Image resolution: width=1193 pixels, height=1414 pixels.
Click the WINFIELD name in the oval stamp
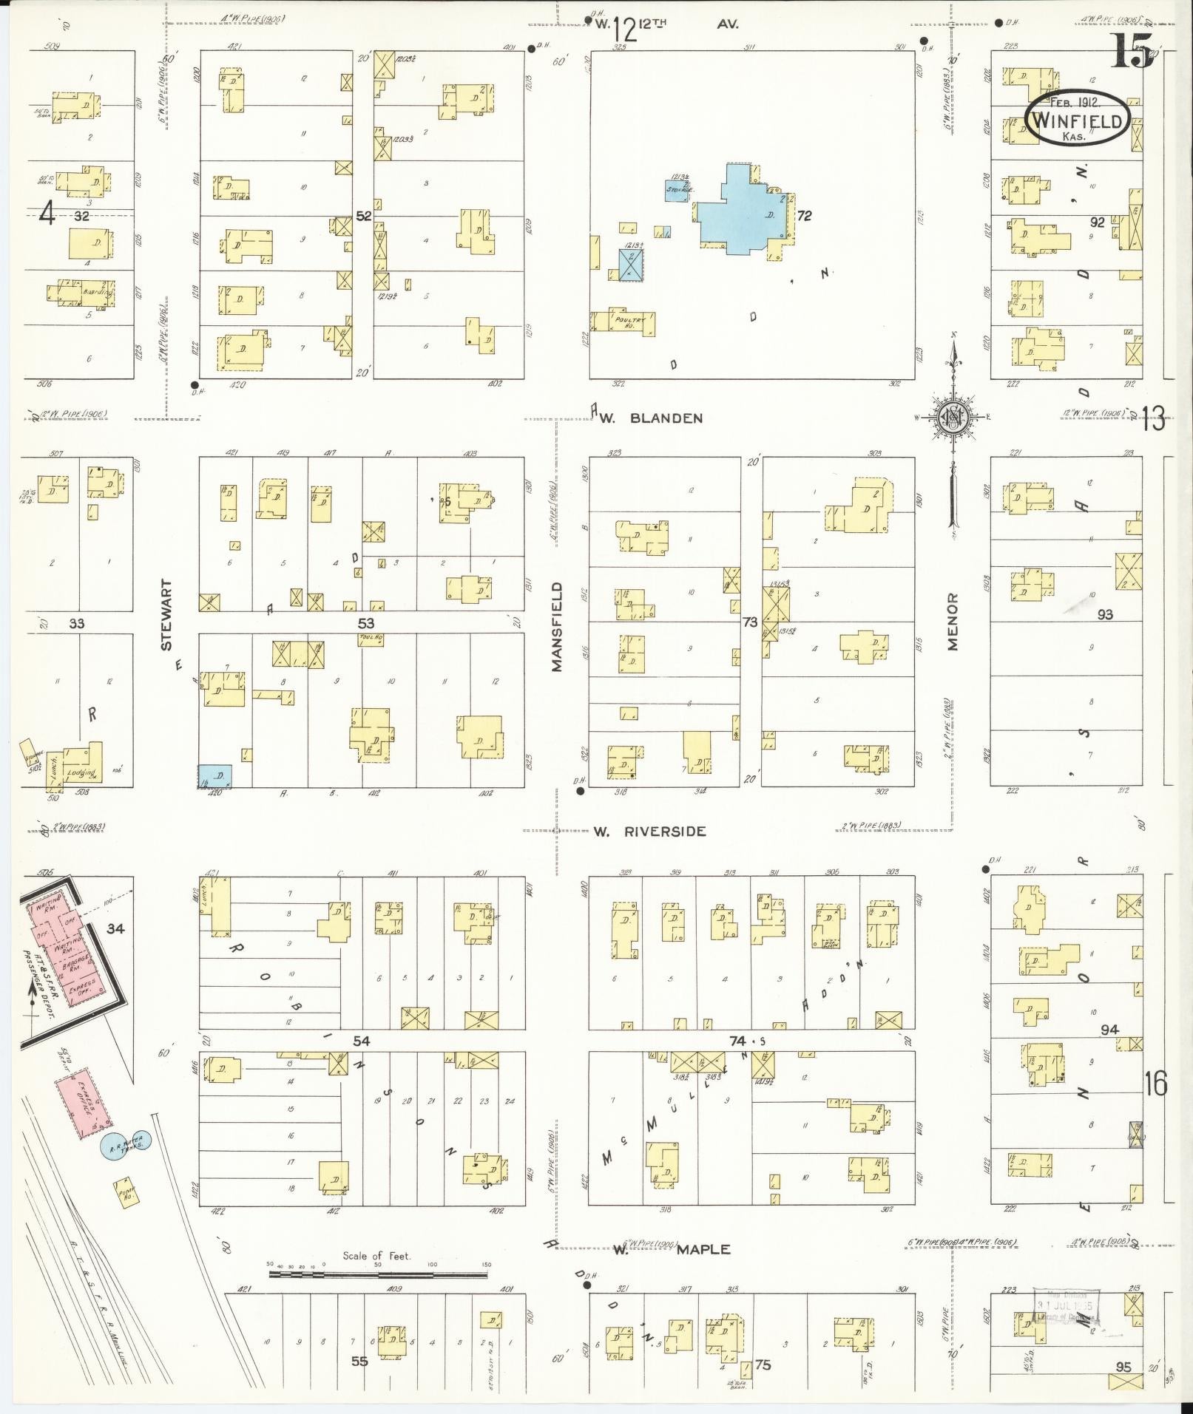pos(1077,120)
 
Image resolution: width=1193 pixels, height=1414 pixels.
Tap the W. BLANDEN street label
pos(650,418)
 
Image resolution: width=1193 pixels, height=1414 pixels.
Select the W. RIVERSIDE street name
pos(649,832)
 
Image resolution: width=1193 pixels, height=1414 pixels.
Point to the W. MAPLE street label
pos(672,1250)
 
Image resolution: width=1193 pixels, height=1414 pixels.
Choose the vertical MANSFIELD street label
pos(557,627)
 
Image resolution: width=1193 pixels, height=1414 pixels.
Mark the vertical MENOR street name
pos(952,622)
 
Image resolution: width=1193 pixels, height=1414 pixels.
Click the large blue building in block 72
pos(743,212)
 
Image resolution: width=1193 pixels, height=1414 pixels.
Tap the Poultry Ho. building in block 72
pos(626,322)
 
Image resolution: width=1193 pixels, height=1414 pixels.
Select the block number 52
pos(363,216)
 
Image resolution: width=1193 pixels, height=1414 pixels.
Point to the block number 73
pos(750,622)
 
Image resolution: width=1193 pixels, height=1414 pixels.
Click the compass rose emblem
pos(952,418)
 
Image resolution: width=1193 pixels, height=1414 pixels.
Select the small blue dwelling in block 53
pos(216,775)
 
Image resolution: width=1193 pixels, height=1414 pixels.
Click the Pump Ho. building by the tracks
pos(126,1194)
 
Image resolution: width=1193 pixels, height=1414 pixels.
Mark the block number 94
pos(1109,1030)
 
